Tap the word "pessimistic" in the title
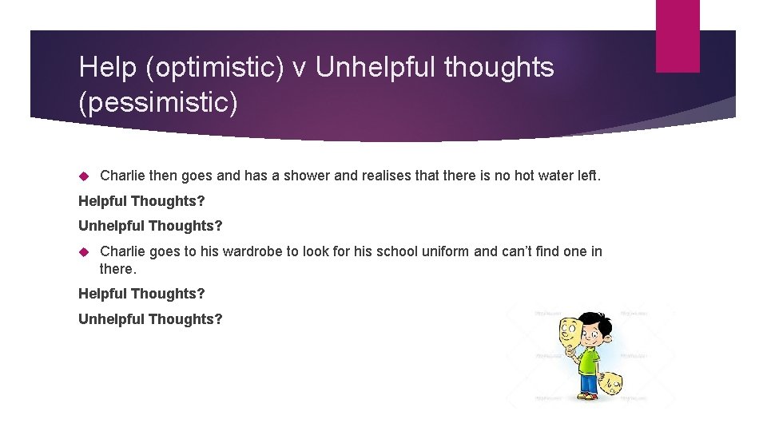tap(157, 104)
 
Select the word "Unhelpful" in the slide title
tap(377, 69)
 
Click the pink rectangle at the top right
tap(677, 36)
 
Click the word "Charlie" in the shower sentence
tap(122, 175)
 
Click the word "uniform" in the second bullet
tap(444, 251)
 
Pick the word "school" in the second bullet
tap(392, 251)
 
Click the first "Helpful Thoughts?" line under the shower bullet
tap(141, 201)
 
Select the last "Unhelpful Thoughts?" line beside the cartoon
tap(150, 319)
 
